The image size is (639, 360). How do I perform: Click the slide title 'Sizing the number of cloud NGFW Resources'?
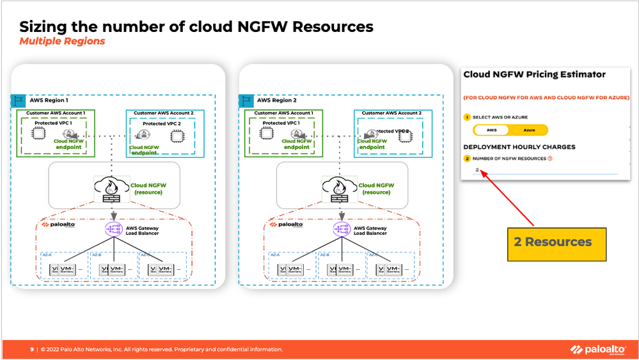(196, 27)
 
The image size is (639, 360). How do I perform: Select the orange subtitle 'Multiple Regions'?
(62, 42)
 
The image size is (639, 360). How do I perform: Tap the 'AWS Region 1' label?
(47, 100)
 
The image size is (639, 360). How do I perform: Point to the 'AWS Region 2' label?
(276, 100)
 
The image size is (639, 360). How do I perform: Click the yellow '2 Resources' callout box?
(556, 242)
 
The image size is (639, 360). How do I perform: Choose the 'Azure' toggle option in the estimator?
(529, 130)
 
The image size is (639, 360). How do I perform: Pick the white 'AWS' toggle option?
(491, 130)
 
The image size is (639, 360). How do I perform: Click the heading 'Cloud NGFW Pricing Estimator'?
(534, 75)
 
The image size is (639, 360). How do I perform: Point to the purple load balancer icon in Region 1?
(113, 228)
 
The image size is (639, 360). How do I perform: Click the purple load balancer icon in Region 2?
(341, 228)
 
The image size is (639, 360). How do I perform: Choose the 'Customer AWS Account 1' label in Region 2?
(283, 113)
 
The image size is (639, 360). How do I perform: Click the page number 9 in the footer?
(32, 350)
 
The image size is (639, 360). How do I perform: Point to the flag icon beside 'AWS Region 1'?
(17, 100)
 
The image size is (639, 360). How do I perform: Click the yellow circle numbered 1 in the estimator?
(467, 118)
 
